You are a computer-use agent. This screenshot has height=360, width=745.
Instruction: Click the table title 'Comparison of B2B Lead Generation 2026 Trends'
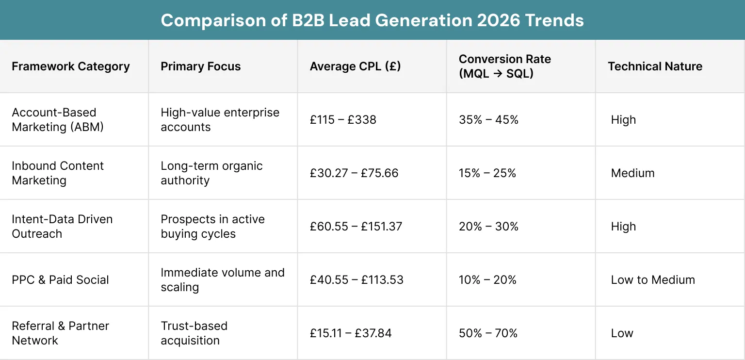[372, 20]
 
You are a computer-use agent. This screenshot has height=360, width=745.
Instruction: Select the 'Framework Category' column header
[71, 66]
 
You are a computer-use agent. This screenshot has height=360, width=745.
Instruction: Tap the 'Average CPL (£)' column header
[355, 66]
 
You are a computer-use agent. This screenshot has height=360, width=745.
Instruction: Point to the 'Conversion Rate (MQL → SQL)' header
[504, 66]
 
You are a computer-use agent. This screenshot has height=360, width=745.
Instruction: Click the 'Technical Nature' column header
[655, 66]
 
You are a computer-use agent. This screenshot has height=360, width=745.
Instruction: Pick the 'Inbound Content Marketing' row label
[58, 173]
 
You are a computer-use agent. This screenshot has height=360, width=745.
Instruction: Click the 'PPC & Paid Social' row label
[60, 280]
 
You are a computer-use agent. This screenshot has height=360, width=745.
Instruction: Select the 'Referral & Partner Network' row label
[60, 333]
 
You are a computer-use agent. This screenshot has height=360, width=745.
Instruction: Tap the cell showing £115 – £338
[343, 120]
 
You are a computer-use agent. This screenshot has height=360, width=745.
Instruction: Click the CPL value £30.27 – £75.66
[354, 173]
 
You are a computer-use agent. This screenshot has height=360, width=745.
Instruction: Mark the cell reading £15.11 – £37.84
[351, 333]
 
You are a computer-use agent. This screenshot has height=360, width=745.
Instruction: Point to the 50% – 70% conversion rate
[488, 333]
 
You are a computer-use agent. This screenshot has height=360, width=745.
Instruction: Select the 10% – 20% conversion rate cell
[487, 280]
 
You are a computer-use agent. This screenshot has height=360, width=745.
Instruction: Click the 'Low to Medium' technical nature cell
[653, 280]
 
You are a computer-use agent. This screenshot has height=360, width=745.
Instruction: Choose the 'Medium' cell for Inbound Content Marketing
[632, 173]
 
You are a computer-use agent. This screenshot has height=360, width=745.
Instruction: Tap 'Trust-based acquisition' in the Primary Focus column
[194, 333]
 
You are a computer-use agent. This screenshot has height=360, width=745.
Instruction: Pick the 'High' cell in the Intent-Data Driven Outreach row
[623, 227]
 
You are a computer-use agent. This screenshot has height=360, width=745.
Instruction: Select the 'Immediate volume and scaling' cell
[222, 280]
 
